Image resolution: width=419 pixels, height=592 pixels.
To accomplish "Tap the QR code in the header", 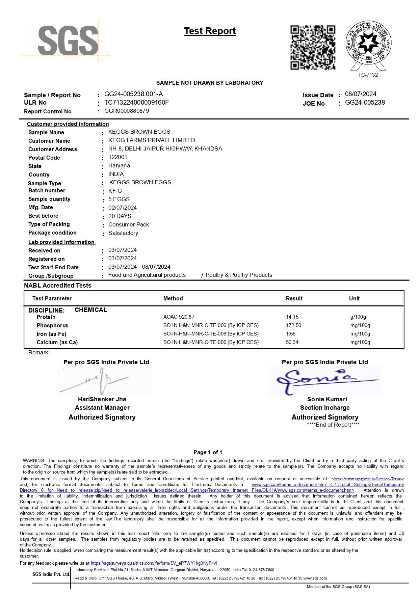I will click(x=313, y=48).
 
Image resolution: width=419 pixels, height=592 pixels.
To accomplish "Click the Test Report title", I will click(x=210, y=31).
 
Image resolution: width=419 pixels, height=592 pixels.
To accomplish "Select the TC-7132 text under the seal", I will click(x=368, y=75).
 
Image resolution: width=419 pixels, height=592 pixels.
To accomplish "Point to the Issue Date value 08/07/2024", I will click(x=361, y=94).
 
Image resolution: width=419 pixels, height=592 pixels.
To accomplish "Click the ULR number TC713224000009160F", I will click(x=136, y=103).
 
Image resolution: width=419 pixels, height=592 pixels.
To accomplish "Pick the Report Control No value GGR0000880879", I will click(x=127, y=111).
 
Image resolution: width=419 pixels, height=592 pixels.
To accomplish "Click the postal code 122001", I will click(x=118, y=157).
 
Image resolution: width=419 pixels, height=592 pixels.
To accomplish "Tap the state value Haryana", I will click(x=119, y=165).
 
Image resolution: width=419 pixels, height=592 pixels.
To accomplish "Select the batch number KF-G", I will click(x=115, y=191).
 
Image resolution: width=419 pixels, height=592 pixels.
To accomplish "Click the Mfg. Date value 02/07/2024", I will click(x=123, y=208).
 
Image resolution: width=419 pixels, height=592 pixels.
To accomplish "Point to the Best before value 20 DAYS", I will click(x=120, y=216).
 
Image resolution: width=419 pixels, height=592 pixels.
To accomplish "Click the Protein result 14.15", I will click(x=292, y=317).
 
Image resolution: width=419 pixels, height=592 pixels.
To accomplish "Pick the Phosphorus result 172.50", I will click(x=294, y=325).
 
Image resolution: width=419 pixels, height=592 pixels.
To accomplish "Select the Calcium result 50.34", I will click(x=292, y=342).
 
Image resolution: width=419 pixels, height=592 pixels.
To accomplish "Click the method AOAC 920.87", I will click(x=179, y=317).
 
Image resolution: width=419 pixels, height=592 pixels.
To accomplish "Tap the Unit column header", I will click(x=355, y=298).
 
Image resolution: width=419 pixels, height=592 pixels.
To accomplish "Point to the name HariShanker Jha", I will click(x=102, y=399).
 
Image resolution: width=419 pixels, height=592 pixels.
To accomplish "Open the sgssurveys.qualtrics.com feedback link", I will click(x=154, y=563).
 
